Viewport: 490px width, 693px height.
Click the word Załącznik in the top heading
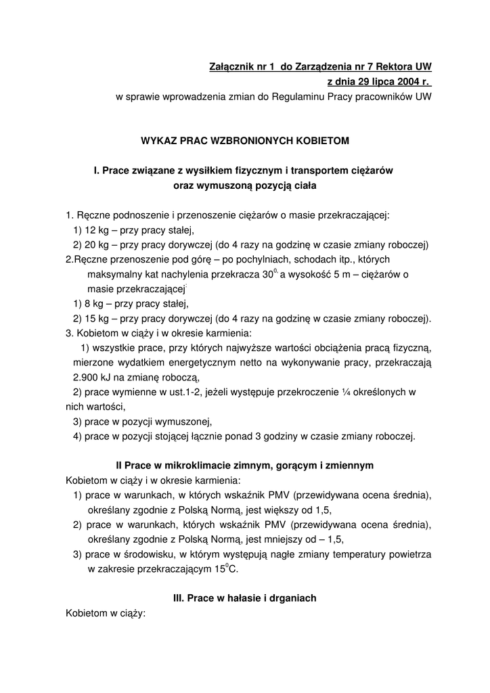229,67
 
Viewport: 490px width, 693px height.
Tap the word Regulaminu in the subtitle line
301,97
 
